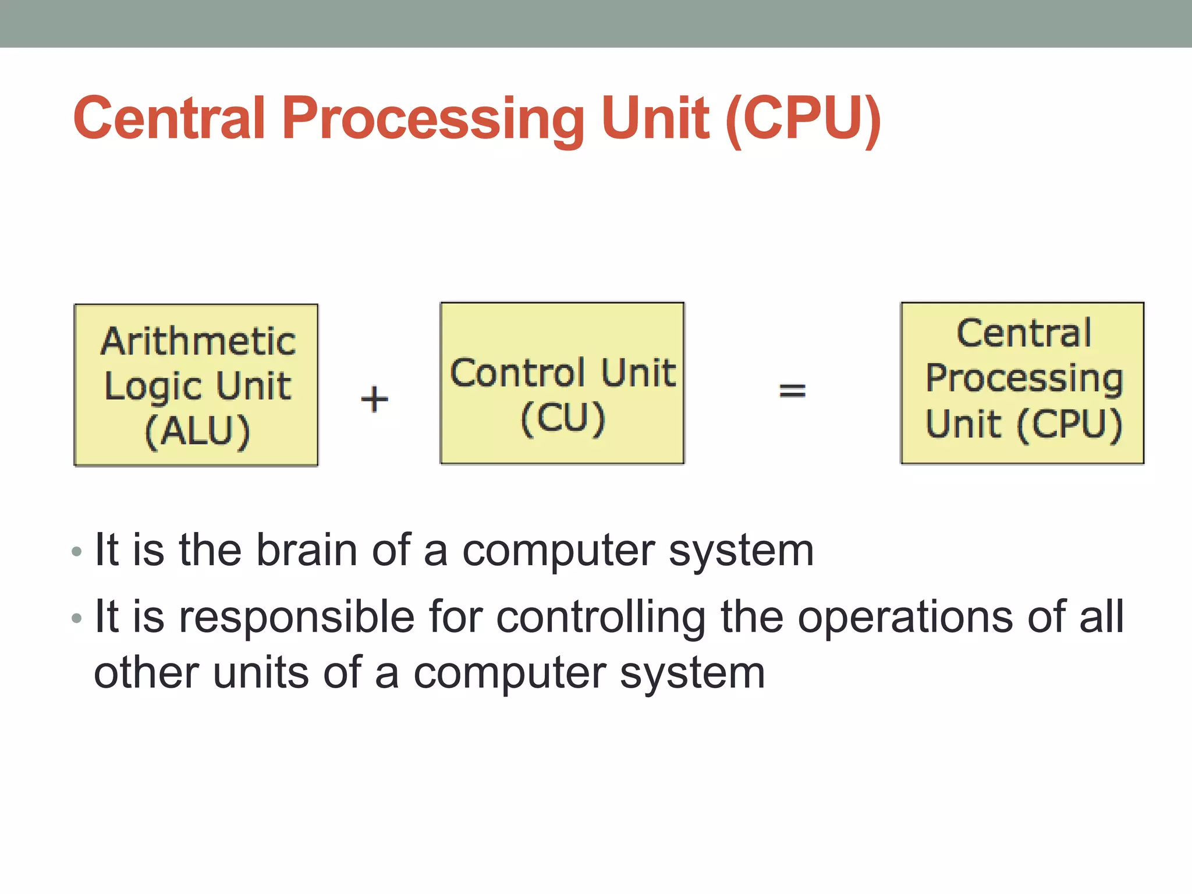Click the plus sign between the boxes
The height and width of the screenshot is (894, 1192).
[374, 399]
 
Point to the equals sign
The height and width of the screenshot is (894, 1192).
[792, 390]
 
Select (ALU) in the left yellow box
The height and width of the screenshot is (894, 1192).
[197, 431]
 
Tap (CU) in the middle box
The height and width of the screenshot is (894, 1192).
[563, 418]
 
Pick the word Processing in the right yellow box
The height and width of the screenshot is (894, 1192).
[1024, 378]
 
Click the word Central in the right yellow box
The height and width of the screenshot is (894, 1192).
[1024, 334]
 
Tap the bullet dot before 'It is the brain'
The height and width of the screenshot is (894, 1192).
[77, 551]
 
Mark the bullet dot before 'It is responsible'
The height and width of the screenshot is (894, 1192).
[77, 618]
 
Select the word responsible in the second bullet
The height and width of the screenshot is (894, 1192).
[297, 617]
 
